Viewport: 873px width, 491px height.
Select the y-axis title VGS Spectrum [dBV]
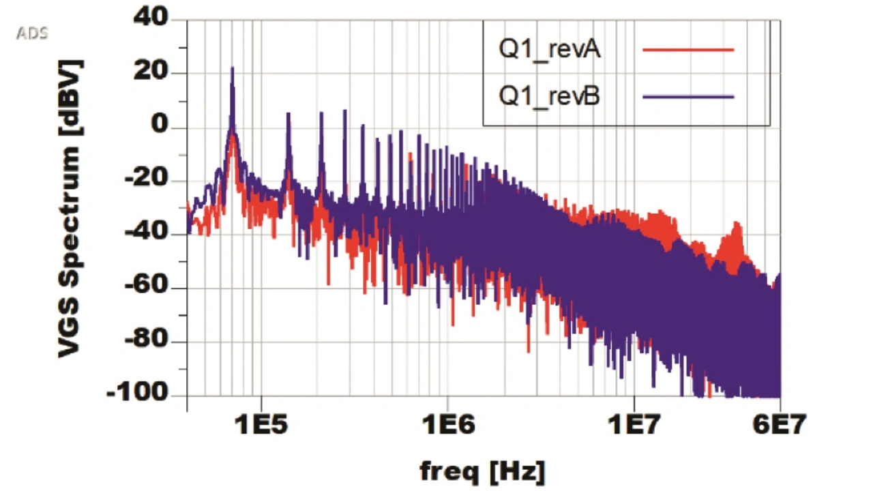pyautogui.click(x=70, y=208)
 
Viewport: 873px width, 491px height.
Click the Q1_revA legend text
pyautogui.click(x=550, y=50)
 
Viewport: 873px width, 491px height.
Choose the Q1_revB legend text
pyautogui.click(x=550, y=96)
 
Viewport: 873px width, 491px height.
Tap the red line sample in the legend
pyautogui.click(x=687, y=50)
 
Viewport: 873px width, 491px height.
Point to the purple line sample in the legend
pyautogui.click(x=687, y=96)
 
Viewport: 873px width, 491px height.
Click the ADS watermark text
pyautogui.click(x=32, y=33)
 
